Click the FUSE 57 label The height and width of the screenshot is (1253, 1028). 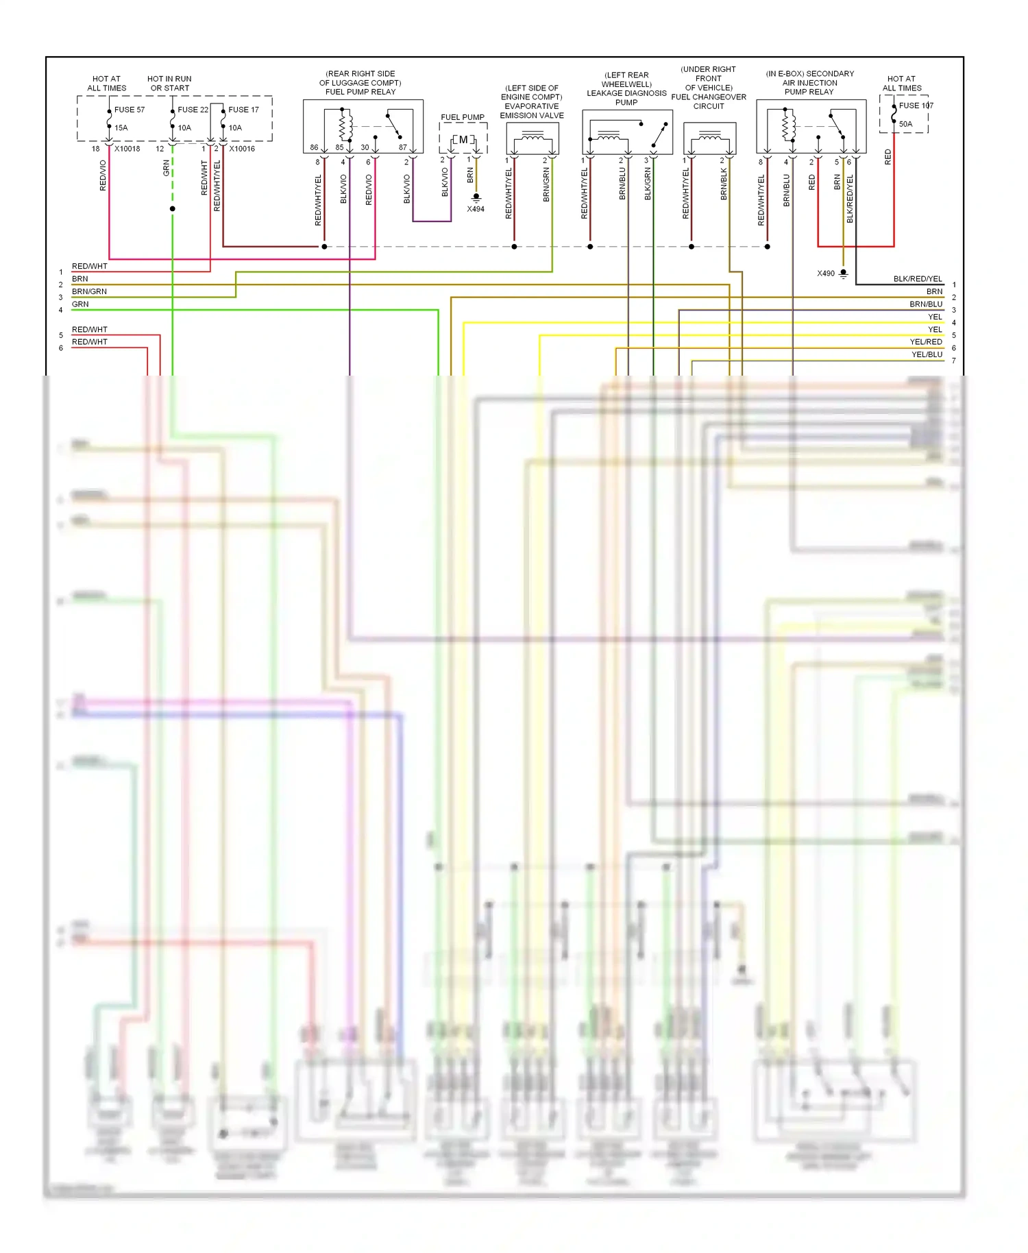click(x=129, y=110)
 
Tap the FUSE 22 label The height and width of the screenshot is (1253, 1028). click(x=193, y=110)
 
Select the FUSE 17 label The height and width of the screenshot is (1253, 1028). click(x=243, y=110)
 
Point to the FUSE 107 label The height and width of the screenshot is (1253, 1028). click(x=916, y=106)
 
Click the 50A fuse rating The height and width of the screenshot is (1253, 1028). click(x=905, y=124)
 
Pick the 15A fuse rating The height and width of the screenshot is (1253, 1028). click(x=121, y=127)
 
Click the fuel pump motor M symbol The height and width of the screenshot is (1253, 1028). click(x=463, y=140)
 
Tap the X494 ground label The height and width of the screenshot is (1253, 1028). click(x=476, y=209)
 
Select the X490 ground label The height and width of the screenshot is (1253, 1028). click(x=826, y=273)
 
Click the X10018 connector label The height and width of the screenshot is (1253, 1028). click(x=127, y=149)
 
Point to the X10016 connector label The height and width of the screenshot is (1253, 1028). click(x=242, y=149)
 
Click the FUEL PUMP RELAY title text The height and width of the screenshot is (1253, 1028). click(x=360, y=92)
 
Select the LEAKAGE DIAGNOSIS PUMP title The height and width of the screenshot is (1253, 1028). click(x=626, y=97)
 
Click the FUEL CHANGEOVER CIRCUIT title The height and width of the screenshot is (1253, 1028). click(x=709, y=101)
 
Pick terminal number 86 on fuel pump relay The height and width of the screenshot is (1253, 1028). click(x=314, y=147)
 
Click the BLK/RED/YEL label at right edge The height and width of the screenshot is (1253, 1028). click(x=918, y=279)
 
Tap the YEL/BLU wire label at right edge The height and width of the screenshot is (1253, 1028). click(x=927, y=354)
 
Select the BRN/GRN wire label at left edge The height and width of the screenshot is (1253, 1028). click(x=89, y=291)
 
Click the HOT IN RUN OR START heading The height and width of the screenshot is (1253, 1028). click(x=169, y=84)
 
